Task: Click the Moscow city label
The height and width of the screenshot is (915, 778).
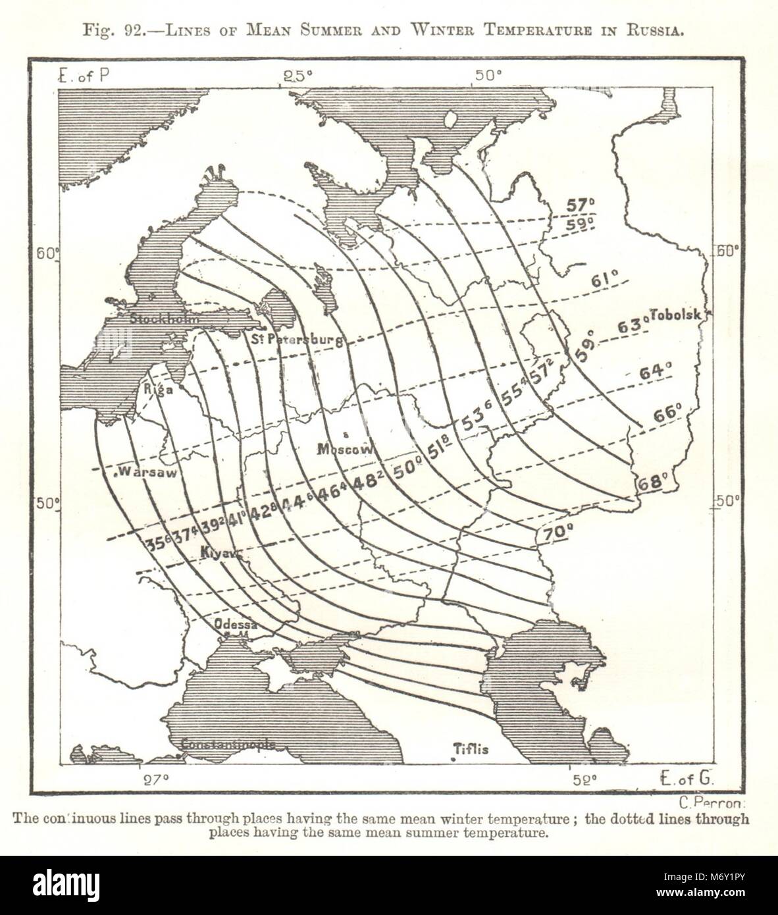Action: (346, 450)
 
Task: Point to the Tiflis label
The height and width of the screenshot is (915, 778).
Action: (471, 748)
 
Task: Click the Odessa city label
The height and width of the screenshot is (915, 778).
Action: (234, 624)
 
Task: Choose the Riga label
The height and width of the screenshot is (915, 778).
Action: (159, 389)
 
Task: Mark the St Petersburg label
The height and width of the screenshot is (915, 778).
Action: (298, 340)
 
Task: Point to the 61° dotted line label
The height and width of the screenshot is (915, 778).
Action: (604, 280)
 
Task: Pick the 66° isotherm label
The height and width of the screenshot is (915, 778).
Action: (667, 415)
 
